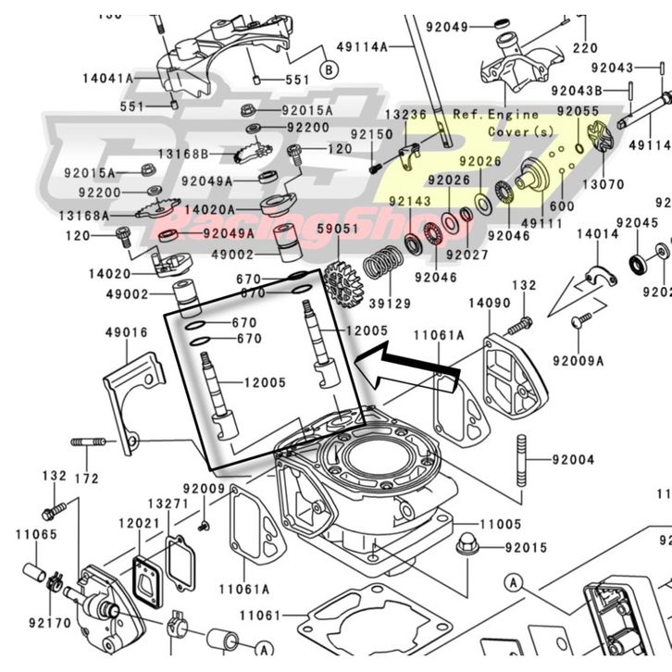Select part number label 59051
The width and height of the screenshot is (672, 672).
(x=337, y=228)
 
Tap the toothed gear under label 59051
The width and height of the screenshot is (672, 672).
(x=343, y=279)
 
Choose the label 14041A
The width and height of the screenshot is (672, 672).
(x=108, y=80)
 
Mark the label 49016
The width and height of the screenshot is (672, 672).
(x=126, y=332)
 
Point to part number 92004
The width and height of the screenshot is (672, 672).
(x=574, y=458)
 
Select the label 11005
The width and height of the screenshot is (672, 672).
(x=501, y=524)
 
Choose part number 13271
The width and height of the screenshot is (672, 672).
(x=169, y=504)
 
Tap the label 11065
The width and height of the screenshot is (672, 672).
(x=35, y=534)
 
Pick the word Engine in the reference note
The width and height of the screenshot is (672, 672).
(x=514, y=115)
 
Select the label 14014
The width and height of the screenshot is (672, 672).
(x=597, y=235)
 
